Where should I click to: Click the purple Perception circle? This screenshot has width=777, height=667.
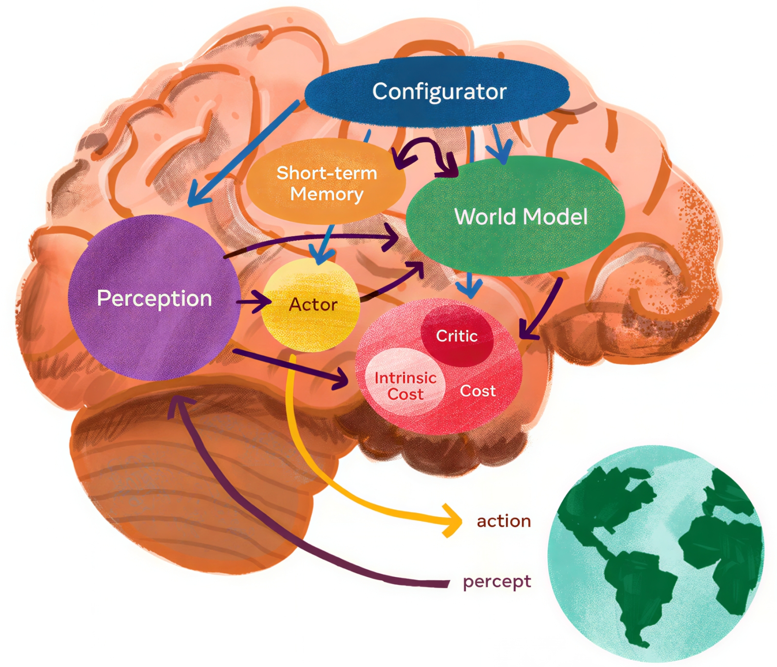pyautogui.click(x=154, y=298)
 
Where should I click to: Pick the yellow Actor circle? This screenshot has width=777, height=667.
pyautogui.click(x=311, y=305)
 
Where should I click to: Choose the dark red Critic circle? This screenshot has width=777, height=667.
pyautogui.click(x=457, y=335)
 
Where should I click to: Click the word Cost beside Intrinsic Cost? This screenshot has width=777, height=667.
pyautogui.click(x=478, y=391)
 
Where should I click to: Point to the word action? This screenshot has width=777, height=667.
pyautogui.click(x=504, y=521)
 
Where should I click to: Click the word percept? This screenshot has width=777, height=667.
pyautogui.click(x=497, y=581)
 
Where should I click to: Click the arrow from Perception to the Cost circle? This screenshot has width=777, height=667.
pyautogui.click(x=291, y=366)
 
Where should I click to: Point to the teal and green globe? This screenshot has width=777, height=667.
pyautogui.click(x=656, y=553)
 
